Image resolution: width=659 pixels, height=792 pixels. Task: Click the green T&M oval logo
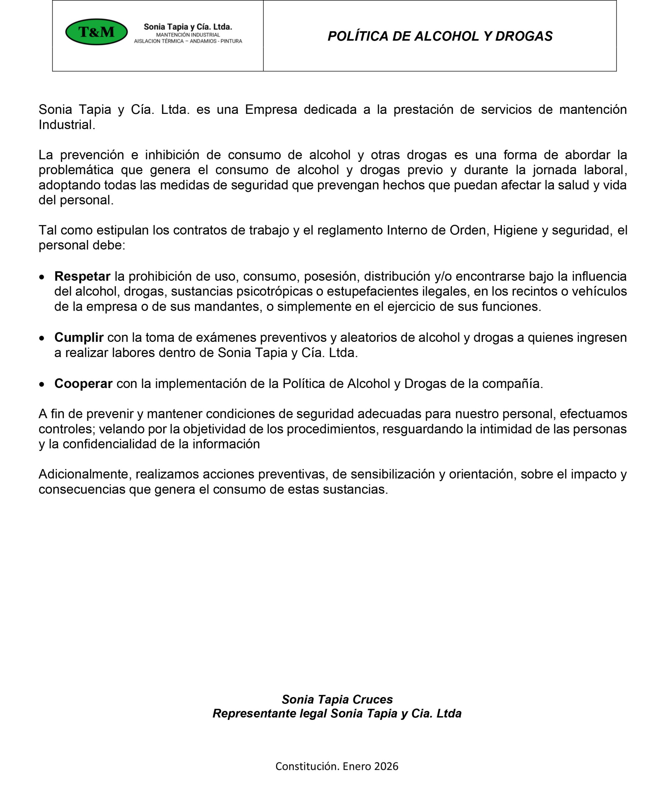click(x=96, y=32)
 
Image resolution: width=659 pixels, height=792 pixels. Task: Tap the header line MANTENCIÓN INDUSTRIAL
click(x=188, y=35)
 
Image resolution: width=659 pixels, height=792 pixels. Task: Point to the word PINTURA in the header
click(x=231, y=41)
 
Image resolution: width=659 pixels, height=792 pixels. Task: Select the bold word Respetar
click(x=82, y=277)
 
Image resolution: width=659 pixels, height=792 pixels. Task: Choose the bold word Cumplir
click(x=79, y=338)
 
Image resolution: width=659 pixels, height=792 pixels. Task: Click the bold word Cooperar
click(x=83, y=384)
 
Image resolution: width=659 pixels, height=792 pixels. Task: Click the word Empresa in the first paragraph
click(x=270, y=110)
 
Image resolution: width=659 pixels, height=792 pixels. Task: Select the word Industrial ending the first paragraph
click(x=67, y=125)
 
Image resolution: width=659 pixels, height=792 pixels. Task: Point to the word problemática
click(x=76, y=170)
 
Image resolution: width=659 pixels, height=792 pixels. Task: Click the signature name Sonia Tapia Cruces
click(x=337, y=699)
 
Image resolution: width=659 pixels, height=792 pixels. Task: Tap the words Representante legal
click(x=269, y=713)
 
